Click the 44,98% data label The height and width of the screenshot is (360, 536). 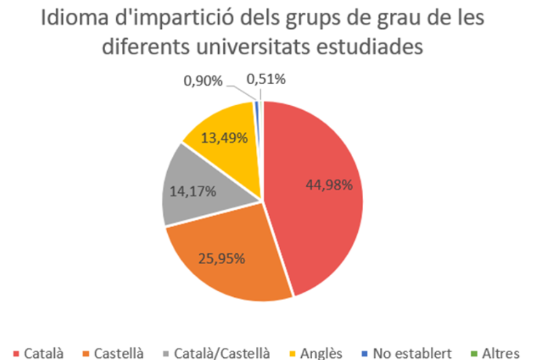tap(329, 185)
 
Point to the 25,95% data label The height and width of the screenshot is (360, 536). tap(221, 258)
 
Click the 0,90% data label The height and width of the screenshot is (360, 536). tap(203, 81)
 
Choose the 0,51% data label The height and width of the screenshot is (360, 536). tap(266, 80)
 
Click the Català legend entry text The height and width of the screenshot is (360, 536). tap(43, 353)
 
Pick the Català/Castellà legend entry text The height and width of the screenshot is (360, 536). tap(222, 353)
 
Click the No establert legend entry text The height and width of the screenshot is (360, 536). tap(413, 353)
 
